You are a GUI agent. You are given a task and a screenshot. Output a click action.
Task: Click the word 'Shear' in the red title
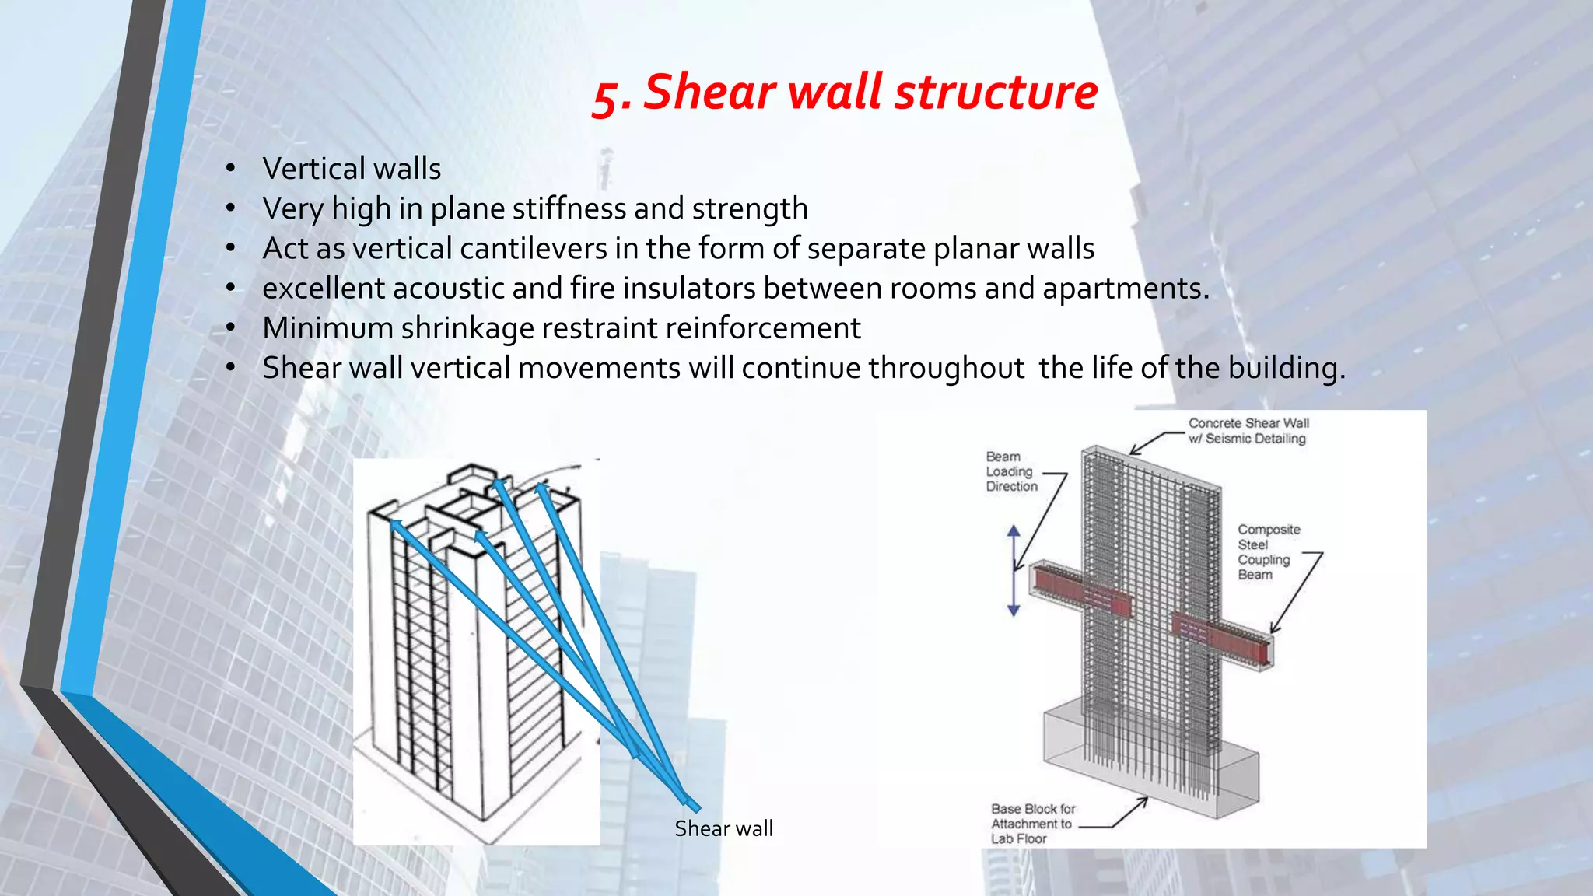(x=710, y=93)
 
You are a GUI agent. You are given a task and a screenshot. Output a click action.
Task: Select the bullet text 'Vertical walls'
(x=352, y=169)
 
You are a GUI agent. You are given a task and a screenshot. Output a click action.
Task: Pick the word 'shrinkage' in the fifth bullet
(x=461, y=329)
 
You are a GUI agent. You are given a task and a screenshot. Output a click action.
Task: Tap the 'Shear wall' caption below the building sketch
(x=723, y=828)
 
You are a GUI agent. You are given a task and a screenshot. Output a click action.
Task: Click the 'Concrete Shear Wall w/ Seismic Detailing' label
(x=1248, y=431)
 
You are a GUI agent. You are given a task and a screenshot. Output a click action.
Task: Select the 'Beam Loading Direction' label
(x=1011, y=471)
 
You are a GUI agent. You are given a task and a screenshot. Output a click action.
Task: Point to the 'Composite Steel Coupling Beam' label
(x=1268, y=551)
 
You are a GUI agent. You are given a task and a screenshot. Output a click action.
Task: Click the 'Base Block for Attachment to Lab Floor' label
(x=1032, y=824)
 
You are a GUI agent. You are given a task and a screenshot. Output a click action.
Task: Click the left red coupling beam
(x=1080, y=592)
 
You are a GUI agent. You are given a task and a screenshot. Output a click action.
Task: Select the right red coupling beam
(x=1223, y=639)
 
